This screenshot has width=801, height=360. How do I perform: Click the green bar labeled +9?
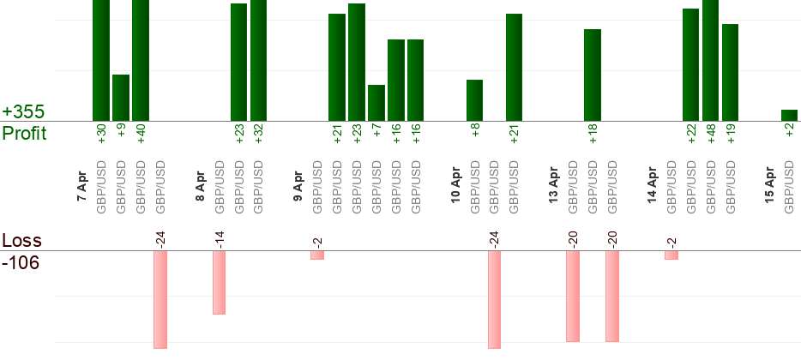[x=121, y=98]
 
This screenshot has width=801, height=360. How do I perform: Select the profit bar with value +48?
[x=710, y=60]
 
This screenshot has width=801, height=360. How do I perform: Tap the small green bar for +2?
[x=789, y=116]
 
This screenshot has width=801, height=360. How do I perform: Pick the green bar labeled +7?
[x=376, y=103]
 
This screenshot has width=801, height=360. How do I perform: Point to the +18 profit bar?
[x=593, y=75]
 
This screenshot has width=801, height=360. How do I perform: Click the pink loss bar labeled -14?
[x=219, y=283]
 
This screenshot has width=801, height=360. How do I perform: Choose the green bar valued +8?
[x=474, y=100]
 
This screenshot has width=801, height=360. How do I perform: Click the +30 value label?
[x=101, y=135]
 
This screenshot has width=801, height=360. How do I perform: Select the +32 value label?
[x=258, y=135]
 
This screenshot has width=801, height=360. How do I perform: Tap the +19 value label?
[x=731, y=135]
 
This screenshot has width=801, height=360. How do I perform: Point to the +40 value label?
[x=141, y=135]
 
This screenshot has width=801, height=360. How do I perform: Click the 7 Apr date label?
[x=83, y=186]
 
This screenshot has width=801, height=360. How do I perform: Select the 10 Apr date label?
[x=456, y=186]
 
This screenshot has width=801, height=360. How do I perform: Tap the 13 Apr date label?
[x=555, y=186]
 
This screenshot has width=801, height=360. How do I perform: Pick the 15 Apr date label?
[x=770, y=186]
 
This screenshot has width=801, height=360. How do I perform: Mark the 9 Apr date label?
[x=298, y=186]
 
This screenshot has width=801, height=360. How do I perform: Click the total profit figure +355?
[x=23, y=112]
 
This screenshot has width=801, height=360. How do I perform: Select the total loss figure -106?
[x=21, y=261]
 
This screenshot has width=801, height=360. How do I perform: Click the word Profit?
[x=24, y=133]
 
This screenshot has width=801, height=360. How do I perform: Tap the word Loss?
[x=21, y=241]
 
